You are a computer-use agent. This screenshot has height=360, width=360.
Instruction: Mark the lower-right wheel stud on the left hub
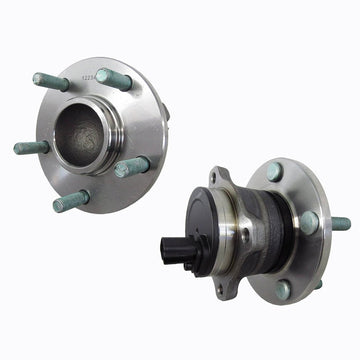[x=129, y=166]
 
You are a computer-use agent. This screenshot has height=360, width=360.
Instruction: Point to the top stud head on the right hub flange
[x=274, y=171]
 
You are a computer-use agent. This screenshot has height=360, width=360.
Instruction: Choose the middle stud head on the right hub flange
[x=309, y=222]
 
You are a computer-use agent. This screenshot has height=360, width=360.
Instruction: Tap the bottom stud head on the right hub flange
[x=284, y=290]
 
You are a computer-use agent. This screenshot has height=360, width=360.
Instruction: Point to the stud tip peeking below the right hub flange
[x=317, y=284]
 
